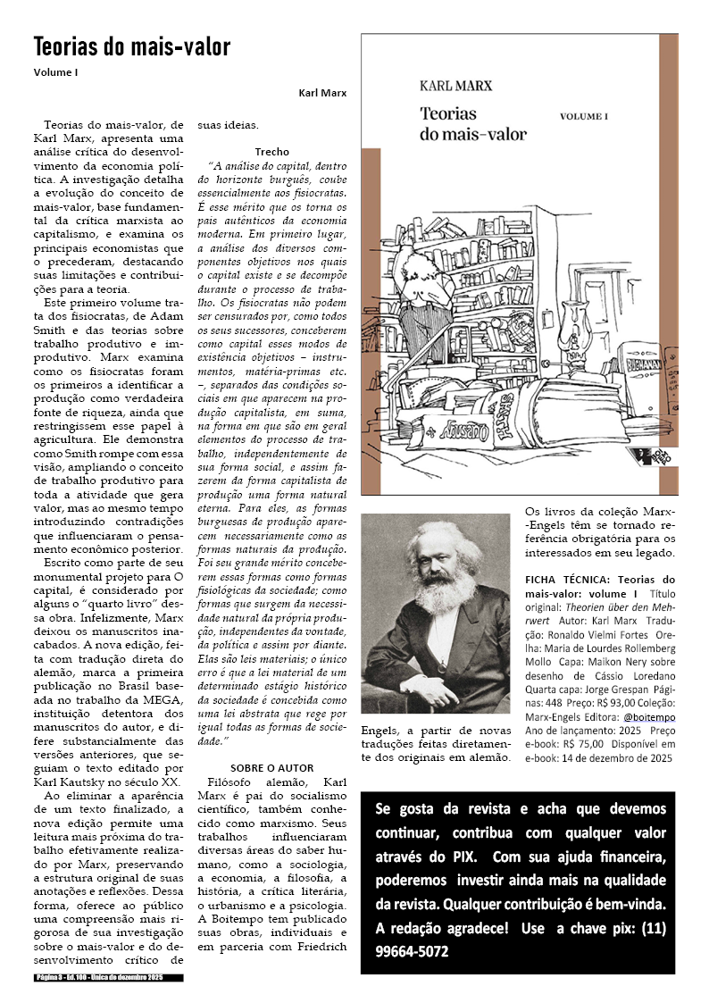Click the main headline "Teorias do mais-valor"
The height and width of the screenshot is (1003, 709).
(x=132, y=47)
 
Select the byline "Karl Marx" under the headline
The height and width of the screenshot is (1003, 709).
(x=323, y=93)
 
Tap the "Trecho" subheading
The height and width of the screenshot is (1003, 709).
(x=271, y=152)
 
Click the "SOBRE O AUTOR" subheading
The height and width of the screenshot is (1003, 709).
(x=271, y=768)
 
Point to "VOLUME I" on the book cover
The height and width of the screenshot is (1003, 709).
(x=583, y=116)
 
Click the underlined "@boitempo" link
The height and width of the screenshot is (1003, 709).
(x=649, y=717)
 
